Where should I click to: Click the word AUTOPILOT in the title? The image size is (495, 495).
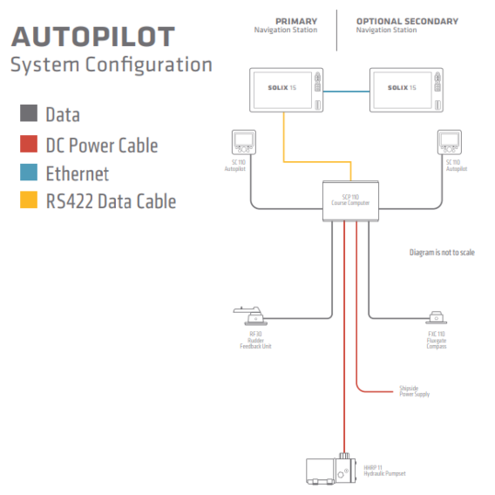click(92, 37)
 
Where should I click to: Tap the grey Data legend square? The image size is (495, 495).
click(29, 113)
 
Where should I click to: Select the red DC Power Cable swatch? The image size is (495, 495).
click(29, 144)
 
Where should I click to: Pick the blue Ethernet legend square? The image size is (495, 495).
click(29, 173)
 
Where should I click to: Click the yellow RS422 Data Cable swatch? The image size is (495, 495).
click(29, 201)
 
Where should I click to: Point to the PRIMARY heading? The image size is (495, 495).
click(296, 21)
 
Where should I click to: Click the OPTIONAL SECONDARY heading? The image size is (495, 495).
click(407, 21)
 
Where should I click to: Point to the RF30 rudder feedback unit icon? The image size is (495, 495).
click(250, 315)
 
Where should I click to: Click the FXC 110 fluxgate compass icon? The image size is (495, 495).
click(436, 317)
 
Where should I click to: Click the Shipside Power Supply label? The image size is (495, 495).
click(414, 390)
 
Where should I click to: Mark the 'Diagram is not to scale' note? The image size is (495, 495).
click(442, 253)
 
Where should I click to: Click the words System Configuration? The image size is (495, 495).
click(111, 65)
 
